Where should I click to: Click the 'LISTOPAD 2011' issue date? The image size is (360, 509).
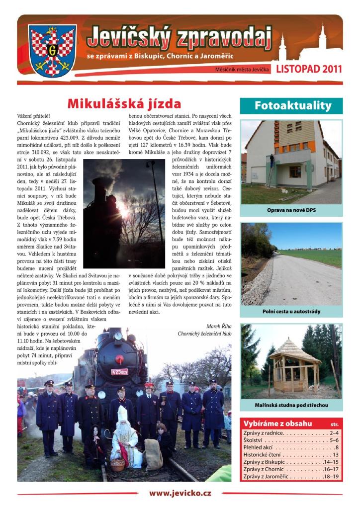coord(309,69)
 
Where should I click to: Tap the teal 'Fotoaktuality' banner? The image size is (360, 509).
coord(291,105)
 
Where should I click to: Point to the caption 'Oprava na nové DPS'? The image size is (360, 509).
coord(291,210)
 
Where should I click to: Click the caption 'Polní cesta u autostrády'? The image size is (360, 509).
coord(291,312)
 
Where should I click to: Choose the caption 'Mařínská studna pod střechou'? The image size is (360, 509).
coord(291,405)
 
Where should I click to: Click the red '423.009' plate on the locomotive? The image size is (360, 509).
coord(119,371)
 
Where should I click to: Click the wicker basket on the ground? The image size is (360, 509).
coord(117,464)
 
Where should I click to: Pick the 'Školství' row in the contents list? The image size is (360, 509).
coord(291,440)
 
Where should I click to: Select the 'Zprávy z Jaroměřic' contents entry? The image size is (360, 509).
coord(291,477)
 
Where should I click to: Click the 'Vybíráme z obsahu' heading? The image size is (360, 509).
coord(278,424)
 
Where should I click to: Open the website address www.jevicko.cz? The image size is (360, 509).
coord(180,493)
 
